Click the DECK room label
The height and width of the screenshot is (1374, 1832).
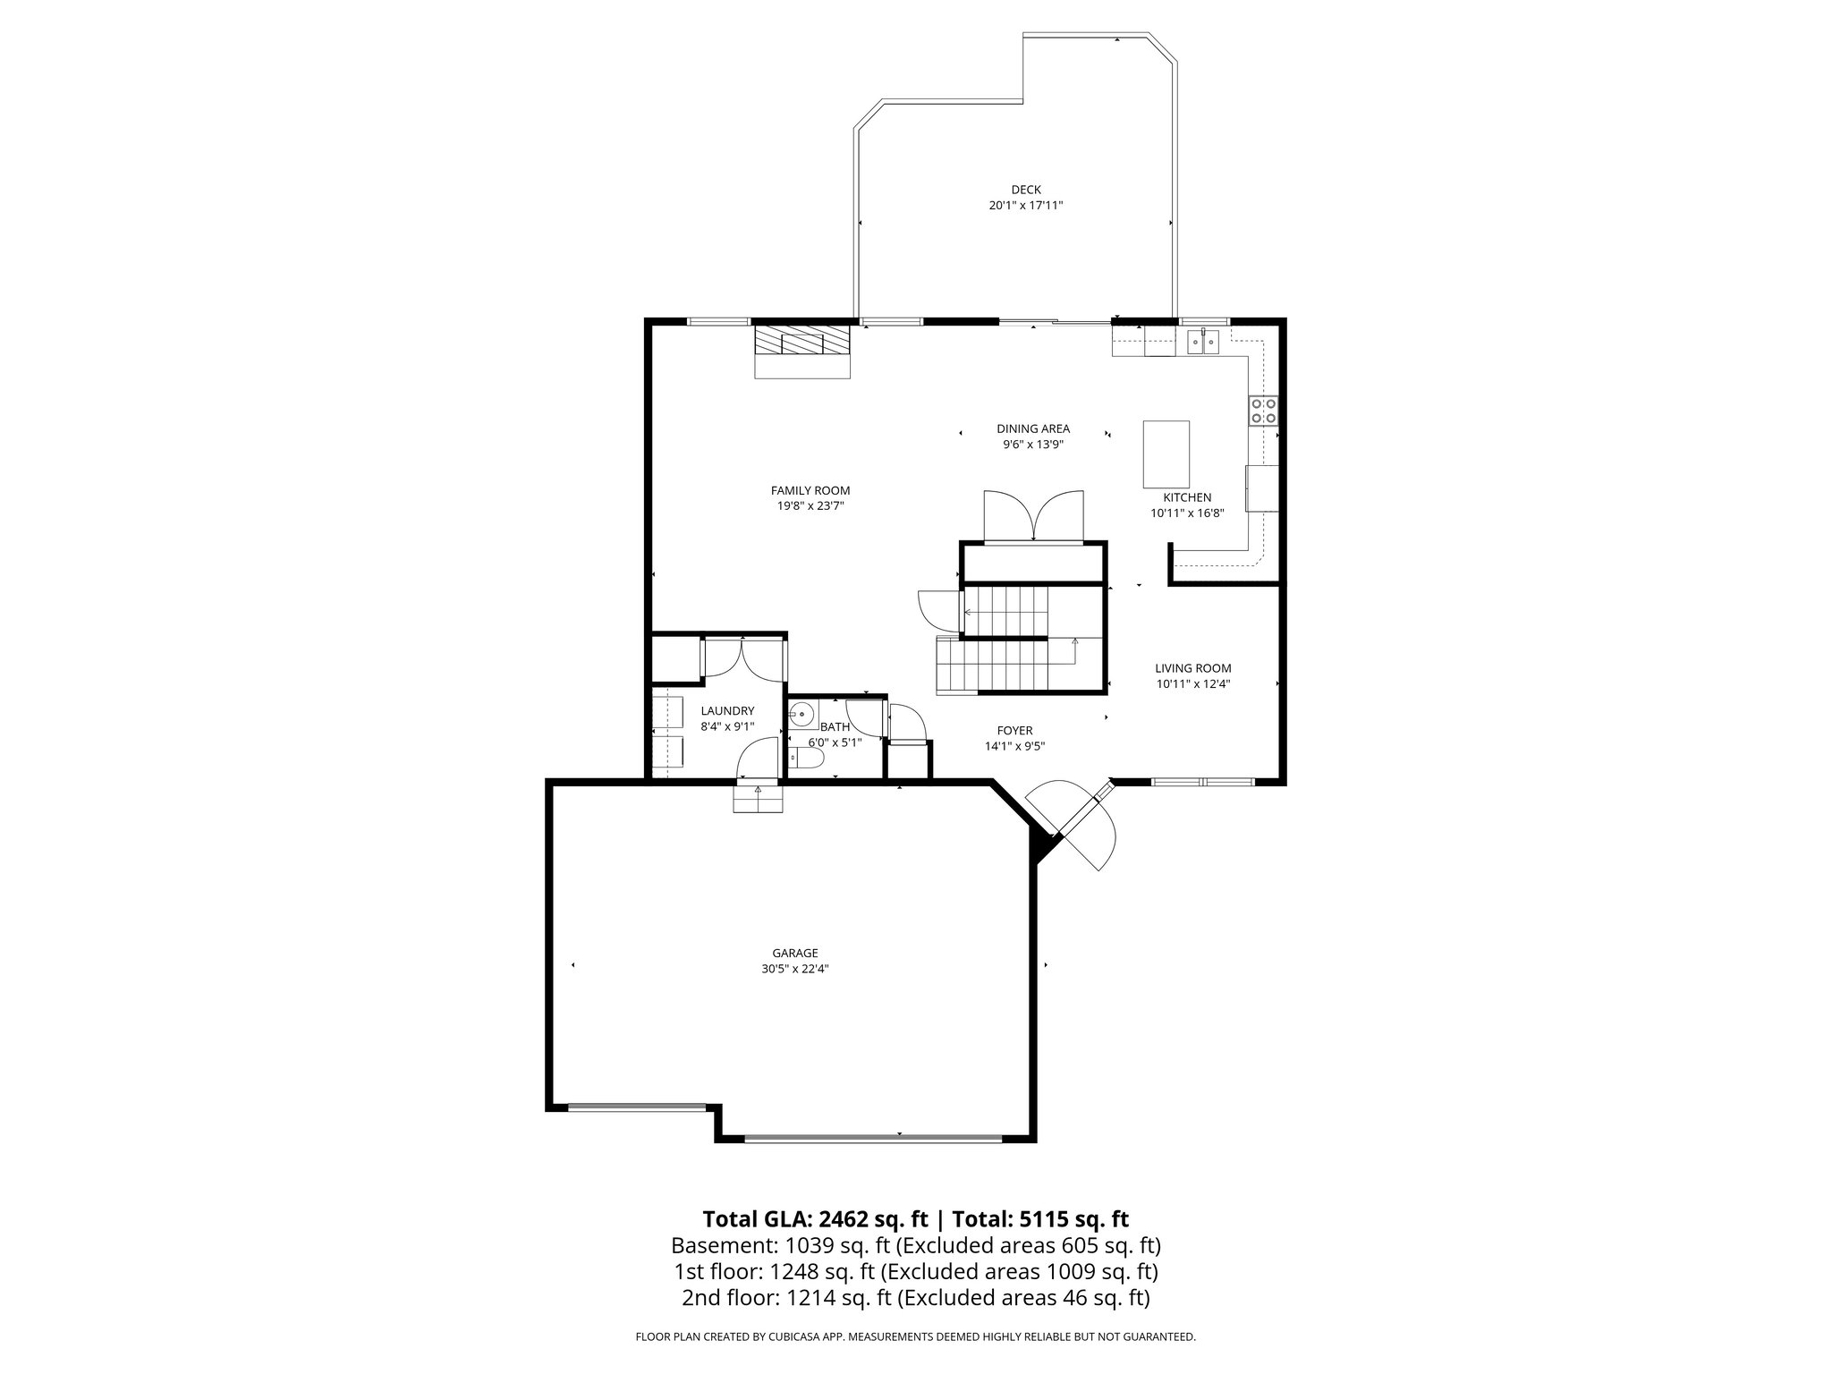click(1026, 190)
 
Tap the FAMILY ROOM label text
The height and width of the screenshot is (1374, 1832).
click(810, 490)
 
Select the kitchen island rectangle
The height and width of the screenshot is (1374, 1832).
click(1166, 453)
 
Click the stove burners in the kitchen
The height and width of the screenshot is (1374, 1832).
click(1264, 411)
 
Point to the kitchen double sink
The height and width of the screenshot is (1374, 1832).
click(1203, 341)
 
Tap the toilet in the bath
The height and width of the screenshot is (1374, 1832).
click(808, 759)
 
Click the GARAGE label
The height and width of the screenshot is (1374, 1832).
click(795, 954)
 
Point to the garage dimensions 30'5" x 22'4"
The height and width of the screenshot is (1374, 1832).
click(795, 969)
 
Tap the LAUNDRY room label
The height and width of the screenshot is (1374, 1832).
click(727, 711)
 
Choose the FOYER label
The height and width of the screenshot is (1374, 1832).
click(1014, 731)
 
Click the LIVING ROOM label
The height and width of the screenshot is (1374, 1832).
click(1192, 668)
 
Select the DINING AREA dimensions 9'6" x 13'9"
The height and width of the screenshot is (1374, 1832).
click(1033, 444)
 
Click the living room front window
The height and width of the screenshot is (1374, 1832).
click(1203, 782)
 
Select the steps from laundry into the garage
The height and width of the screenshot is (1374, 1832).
click(759, 797)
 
